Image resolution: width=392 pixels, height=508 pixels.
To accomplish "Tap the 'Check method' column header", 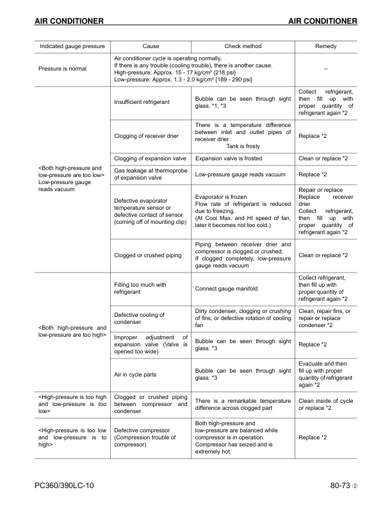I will click(243, 47).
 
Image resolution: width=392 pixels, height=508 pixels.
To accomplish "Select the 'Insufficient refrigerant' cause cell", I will click(142, 102).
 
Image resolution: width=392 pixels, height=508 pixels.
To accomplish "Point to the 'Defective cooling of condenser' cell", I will click(139, 319).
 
